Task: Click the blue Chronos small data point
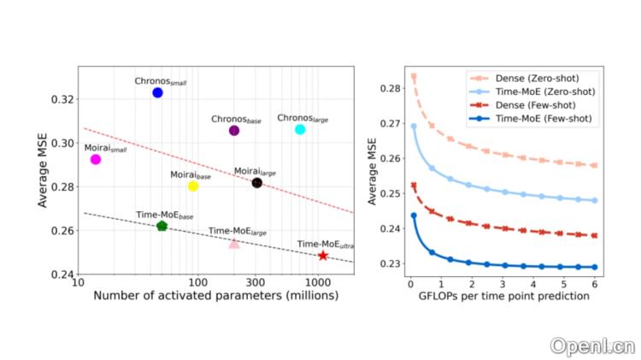[x=157, y=92]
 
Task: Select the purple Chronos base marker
[x=234, y=131]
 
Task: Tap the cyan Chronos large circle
[x=300, y=129]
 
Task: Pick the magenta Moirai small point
[x=96, y=159]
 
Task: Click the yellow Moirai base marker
[x=193, y=186]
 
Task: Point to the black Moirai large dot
[x=257, y=183]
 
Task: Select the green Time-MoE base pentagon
[x=162, y=226]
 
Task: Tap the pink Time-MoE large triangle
[x=234, y=244]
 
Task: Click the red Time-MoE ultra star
[x=323, y=256]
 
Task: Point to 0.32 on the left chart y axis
[x=62, y=99]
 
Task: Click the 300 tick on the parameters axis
[x=256, y=283]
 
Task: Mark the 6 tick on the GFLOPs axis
[x=594, y=282]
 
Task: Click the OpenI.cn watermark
[x=592, y=346]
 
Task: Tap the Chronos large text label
[x=303, y=118]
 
